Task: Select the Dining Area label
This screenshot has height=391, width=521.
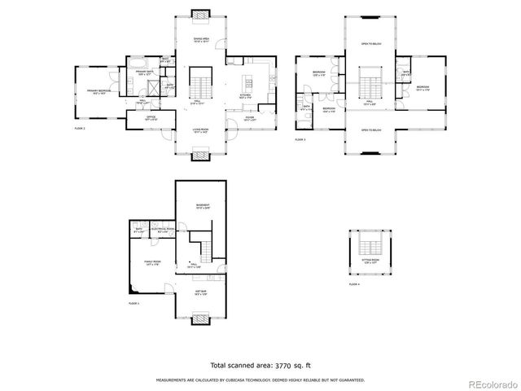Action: (x=202, y=39)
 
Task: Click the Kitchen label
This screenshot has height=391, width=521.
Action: (x=245, y=96)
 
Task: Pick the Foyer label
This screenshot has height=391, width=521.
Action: (x=247, y=119)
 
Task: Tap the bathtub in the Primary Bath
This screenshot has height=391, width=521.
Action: (x=136, y=62)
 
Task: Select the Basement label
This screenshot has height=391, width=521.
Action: (x=202, y=205)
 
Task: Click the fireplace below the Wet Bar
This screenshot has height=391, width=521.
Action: (x=201, y=320)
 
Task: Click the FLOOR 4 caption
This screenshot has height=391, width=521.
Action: (x=354, y=284)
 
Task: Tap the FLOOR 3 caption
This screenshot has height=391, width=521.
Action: (x=300, y=139)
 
